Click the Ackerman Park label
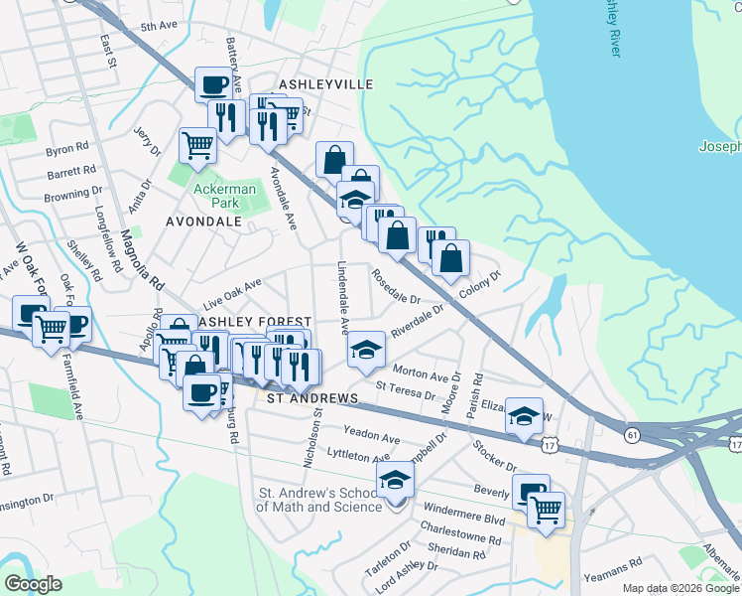224,196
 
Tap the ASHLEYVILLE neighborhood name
325,84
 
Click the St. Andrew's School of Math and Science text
319,500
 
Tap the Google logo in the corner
33,584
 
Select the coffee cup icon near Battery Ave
213,83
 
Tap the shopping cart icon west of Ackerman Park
197,144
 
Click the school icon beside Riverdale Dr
366,347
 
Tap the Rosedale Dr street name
396,285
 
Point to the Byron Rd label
67,151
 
